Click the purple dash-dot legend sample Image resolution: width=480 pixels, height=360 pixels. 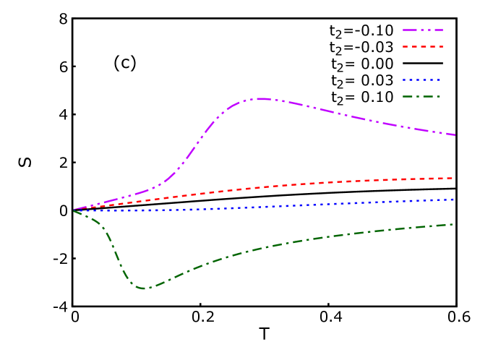(423, 30)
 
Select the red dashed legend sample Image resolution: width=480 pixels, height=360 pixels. (423, 47)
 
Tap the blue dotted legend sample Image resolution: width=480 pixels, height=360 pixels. (423, 80)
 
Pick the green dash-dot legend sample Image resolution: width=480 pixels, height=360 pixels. (423, 96)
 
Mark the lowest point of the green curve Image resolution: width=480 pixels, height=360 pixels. (143, 288)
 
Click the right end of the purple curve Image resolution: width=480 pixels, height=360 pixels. (454, 134)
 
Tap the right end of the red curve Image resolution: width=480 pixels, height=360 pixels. (453, 178)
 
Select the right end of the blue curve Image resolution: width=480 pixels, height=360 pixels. (453, 200)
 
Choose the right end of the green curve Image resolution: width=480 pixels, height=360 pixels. (453, 224)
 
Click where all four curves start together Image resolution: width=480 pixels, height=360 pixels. (74, 210)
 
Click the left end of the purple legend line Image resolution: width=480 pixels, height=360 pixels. (403, 30)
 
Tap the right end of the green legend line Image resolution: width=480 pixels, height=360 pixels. (441, 96)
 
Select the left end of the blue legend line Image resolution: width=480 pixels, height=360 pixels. (403, 80)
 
